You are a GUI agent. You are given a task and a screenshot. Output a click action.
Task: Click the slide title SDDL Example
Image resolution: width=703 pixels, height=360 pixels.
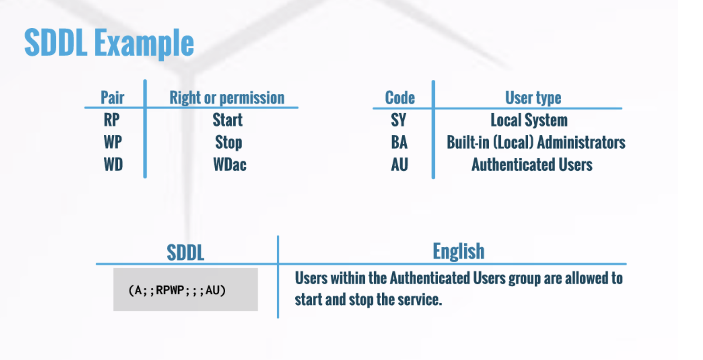pyautogui.click(x=109, y=43)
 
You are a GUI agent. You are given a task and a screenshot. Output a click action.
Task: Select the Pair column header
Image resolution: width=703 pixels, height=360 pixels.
pyautogui.click(x=112, y=97)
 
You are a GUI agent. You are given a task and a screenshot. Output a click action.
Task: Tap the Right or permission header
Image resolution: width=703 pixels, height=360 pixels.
pyautogui.click(x=227, y=98)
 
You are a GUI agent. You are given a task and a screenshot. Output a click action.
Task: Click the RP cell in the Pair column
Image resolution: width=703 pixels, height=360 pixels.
pyautogui.click(x=111, y=120)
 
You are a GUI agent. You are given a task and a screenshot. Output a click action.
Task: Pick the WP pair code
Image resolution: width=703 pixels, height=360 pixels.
pyautogui.click(x=112, y=142)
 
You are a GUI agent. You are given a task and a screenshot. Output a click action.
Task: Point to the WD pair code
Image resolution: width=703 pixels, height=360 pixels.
pyautogui.click(x=113, y=164)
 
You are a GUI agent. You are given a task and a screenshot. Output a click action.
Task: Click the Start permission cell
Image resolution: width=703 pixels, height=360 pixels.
pyautogui.click(x=227, y=120)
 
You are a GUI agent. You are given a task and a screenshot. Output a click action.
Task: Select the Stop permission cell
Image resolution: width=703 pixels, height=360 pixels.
pyautogui.click(x=229, y=142)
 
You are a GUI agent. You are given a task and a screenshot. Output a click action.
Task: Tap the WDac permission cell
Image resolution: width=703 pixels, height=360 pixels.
pyautogui.click(x=230, y=164)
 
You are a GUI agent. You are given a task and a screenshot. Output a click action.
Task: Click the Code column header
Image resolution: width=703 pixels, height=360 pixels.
pyautogui.click(x=400, y=97)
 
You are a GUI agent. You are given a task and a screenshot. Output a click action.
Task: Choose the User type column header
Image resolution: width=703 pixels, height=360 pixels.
pyautogui.click(x=533, y=98)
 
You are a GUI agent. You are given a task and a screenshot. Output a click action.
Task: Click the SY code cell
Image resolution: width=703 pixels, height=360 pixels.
pyautogui.click(x=398, y=120)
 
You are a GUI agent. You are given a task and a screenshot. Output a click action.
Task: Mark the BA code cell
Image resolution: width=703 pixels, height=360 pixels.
pyautogui.click(x=399, y=142)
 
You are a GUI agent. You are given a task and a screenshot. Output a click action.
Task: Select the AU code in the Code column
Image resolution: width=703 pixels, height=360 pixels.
pyautogui.click(x=399, y=164)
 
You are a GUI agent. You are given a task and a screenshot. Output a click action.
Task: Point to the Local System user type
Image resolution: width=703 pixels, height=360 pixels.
pyautogui.click(x=529, y=120)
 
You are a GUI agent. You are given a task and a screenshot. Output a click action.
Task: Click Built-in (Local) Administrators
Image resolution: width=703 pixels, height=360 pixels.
pyautogui.click(x=536, y=142)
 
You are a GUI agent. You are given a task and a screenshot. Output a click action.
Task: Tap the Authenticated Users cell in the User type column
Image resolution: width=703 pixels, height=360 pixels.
pyautogui.click(x=532, y=164)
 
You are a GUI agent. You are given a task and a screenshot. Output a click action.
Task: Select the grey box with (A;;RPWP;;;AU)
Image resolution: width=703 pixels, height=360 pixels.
pyautogui.click(x=186, y=289)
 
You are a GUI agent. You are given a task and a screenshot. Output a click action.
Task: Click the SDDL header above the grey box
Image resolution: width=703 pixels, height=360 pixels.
pyautogui.click(x=185, y=253)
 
